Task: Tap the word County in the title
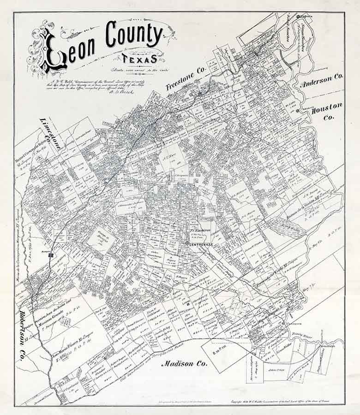click(134, 35)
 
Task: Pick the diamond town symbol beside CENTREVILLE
click(186, 243)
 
